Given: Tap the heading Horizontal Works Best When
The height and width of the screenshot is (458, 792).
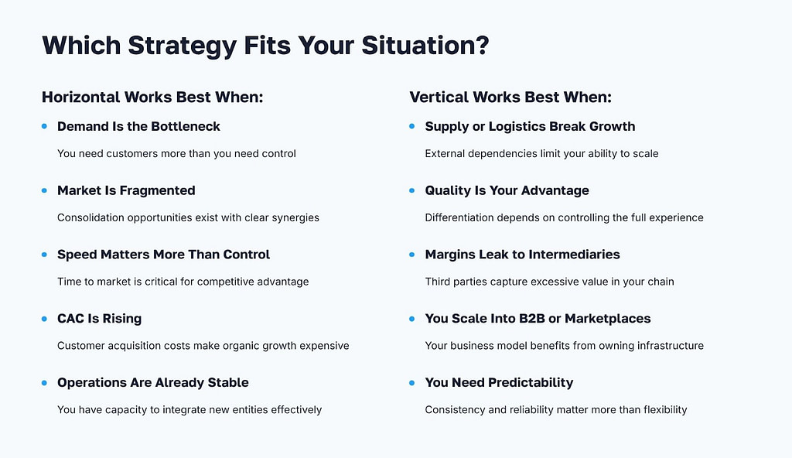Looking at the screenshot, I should (152, 97).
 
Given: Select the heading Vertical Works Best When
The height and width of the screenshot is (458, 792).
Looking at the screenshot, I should (510, 97).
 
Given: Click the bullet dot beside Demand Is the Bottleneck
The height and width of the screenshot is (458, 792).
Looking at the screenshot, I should (45, 126).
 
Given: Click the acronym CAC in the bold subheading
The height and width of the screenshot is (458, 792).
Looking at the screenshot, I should (71, 319).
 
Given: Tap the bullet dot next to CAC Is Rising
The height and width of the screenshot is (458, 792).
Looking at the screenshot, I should (45, 319).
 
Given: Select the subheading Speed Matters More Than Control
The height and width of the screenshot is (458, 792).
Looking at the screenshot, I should (163, 255).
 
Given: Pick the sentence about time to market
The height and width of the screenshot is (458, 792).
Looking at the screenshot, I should (183, 282).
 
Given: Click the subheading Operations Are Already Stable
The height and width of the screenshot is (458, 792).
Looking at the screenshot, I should (152, 383).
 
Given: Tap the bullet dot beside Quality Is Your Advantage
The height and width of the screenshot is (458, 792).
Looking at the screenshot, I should (412, 190).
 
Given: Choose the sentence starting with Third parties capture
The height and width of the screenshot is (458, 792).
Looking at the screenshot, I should (549, 282).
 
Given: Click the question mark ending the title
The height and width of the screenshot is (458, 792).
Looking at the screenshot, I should (481, 46).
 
